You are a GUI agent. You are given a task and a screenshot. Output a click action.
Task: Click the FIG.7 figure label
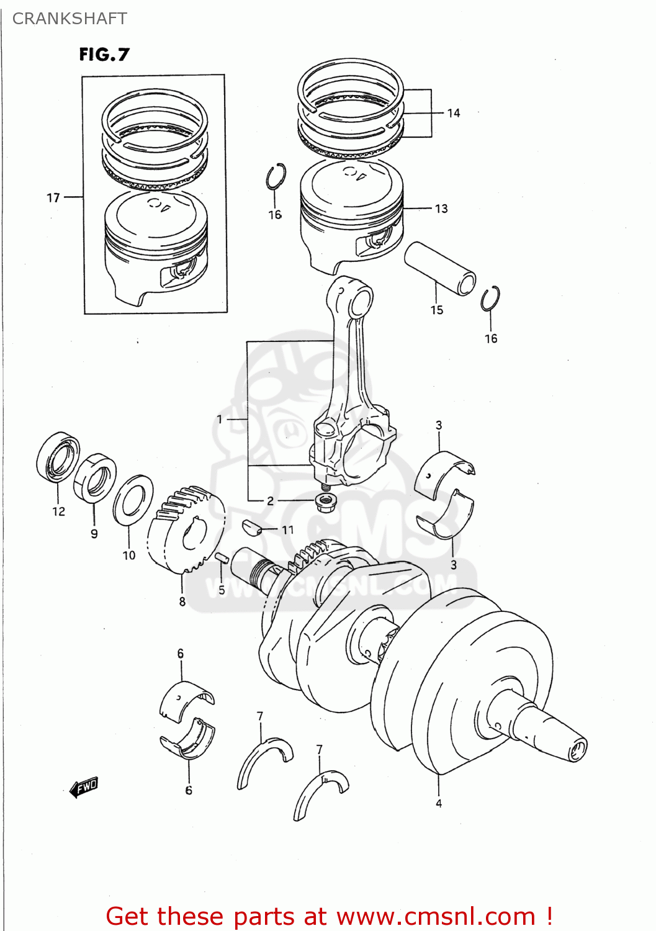(104, 55)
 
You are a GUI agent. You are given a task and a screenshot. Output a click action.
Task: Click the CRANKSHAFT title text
(70, 19)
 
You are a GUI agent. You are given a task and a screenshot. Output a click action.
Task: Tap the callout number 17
(53, 198)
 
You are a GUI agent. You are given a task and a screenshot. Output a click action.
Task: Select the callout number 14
(454, 113)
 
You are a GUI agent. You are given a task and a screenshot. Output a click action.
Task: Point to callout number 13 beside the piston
(441, 209)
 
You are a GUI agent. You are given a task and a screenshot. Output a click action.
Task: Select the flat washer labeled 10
(133, 499)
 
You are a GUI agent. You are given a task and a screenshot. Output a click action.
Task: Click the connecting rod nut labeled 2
(324, 499)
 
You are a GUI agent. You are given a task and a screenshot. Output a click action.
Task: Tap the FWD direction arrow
(84, 788)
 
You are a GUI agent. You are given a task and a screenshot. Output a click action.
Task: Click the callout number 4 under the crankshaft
(439, 803)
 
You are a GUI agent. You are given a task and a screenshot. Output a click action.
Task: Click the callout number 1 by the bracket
(219, 420)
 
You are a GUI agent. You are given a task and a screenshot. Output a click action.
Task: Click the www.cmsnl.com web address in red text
(435, 917)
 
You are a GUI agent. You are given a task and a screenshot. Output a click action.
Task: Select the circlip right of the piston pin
(490, 299)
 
